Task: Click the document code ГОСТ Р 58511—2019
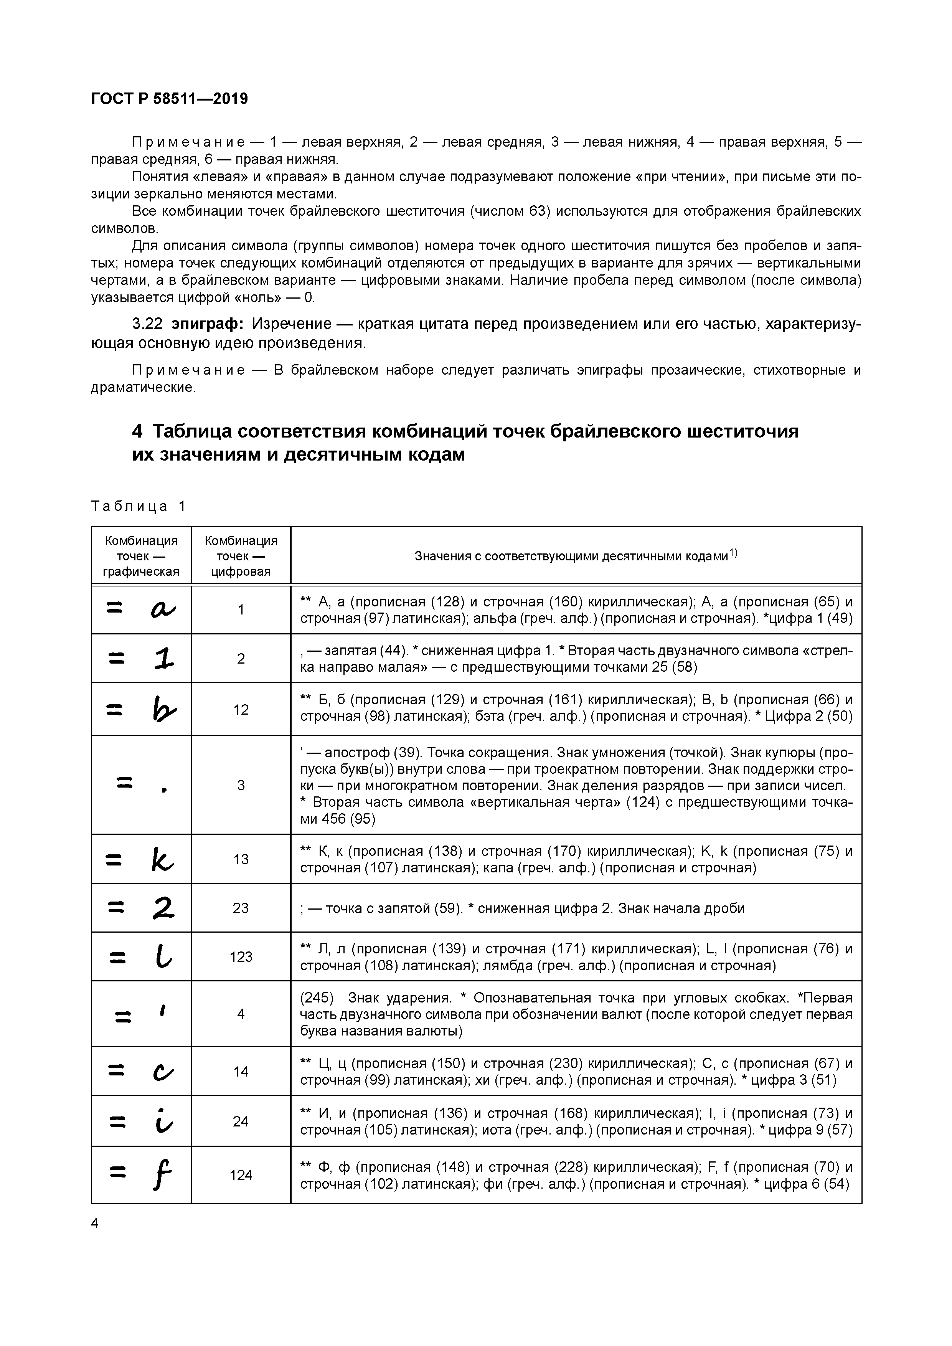point(170,99)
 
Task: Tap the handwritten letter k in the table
point(162,859)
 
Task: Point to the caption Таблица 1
point(139,506)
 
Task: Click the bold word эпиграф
point(208,324)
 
